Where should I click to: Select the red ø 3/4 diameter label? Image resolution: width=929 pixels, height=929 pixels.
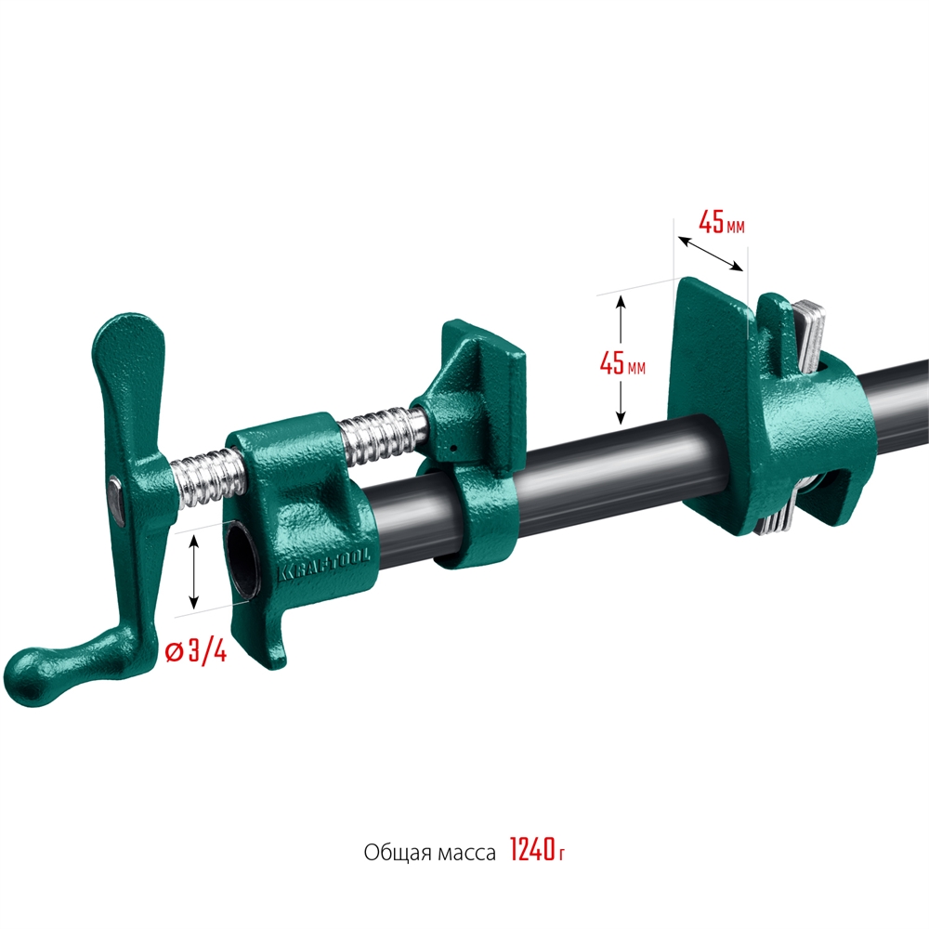[196, 651]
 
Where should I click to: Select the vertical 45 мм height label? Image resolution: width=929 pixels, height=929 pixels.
[622, 363]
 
